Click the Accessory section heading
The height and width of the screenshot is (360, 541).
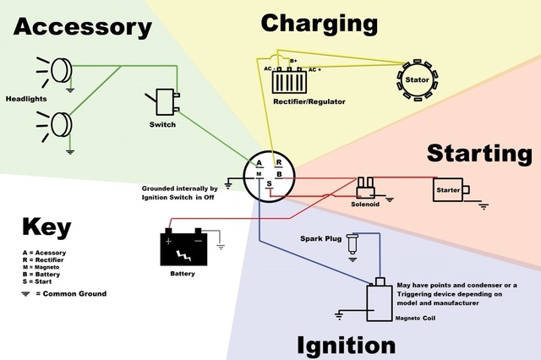(82, 27)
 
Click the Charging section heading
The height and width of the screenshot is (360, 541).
(320, 23)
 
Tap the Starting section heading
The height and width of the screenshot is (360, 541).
(479, 153)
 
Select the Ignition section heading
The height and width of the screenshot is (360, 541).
(346, 345)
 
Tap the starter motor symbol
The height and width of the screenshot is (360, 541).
(448, 189)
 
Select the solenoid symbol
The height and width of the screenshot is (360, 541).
(366, 185)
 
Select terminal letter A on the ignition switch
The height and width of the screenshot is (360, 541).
(260, 163)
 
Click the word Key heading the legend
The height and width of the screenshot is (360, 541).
(46, 227)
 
